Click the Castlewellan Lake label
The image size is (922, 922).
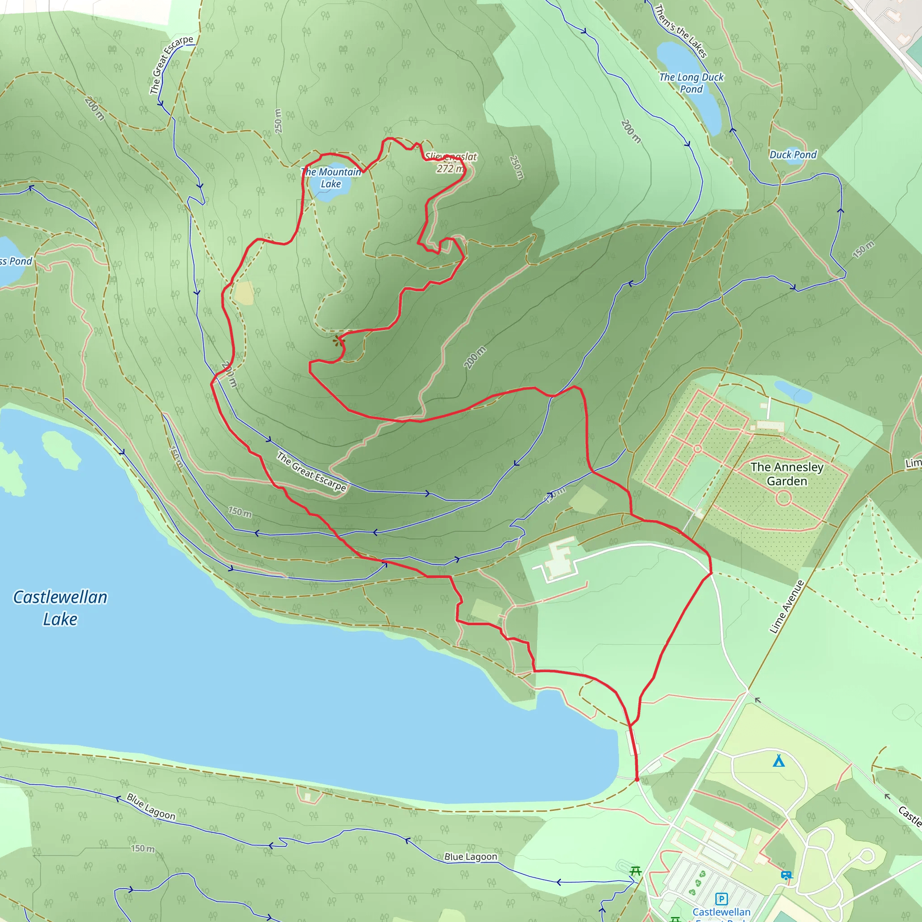pos(60,607)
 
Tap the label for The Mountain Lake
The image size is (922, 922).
pos(331,177)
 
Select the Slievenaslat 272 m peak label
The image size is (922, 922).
pos(451,162)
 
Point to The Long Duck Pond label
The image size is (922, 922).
pos(691,82)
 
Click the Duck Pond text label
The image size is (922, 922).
pos(793,154)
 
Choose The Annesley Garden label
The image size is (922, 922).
pos(786,474)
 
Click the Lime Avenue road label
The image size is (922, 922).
pos(786,606)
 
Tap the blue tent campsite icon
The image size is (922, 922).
pos(778,760)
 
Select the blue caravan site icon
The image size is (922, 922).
pos(786,875)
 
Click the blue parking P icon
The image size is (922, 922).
pos(722,899)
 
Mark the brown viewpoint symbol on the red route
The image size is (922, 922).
pos(339,340)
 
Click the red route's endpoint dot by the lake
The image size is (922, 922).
pos(637,779)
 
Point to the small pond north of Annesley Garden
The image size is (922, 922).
pos(793,392)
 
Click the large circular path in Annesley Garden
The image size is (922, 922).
pos(784,499)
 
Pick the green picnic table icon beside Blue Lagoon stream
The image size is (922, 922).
pos(635,871)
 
